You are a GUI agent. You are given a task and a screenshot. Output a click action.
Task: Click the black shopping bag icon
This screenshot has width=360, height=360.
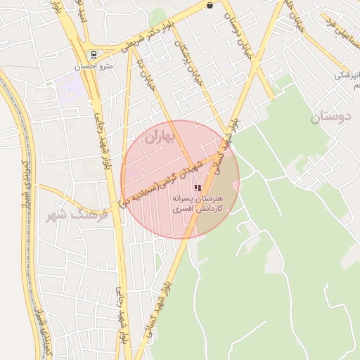click(x=210, y=5)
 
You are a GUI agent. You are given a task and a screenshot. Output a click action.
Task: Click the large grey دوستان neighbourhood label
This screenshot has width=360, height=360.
click(x=328, y=117)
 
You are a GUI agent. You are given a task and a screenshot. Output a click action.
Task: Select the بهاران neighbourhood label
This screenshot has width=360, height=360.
click(x=158, y=139)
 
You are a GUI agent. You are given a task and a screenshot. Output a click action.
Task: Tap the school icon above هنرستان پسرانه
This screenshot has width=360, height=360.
click(x=196, y=188)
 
